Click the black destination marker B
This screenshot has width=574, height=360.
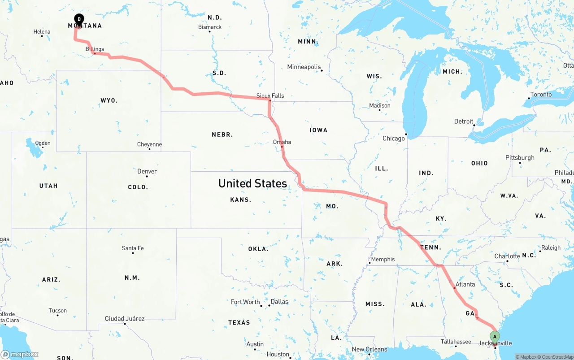[x=79, y=19]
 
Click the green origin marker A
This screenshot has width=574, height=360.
[x=495, y=336]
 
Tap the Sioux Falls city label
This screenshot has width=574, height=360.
[x=270, y=95]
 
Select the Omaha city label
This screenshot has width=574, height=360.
[x=282, y=142]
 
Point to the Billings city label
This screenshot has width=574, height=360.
[x=95, y=49]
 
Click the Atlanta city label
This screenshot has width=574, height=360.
[x=465, y=284]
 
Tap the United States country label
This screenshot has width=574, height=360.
[x=252, y=183]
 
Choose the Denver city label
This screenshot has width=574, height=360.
[x=147, y=171]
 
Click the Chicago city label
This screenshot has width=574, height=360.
[x=393, y=139]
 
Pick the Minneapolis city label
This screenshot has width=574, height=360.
[x=304, y=67]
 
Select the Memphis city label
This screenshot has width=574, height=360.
[x=383, y=259]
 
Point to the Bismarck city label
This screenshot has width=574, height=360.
[x=210, y=27]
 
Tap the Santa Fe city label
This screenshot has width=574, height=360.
[x=133, y=248]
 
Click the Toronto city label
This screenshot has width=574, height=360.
[x=541, y=95]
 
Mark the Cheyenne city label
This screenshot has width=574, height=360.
[x=149, y=144]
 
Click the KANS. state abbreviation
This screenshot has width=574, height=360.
[x=240, y=200]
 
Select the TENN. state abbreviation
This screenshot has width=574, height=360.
[x=430, y=247]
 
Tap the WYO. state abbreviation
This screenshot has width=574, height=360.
[x=109, y=100]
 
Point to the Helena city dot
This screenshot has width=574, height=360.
[x=42, y=36]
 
